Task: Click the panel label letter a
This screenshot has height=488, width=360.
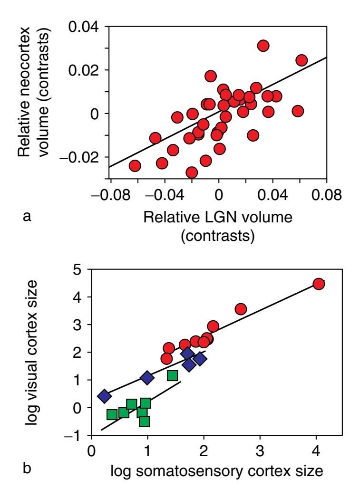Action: (27, 217)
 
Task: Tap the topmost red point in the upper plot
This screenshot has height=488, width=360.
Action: (263, 46)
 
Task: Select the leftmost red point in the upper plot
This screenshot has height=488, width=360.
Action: (135, 166)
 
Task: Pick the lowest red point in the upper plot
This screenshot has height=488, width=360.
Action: (192, 172)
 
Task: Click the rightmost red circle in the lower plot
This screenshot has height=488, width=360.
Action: (319, 284)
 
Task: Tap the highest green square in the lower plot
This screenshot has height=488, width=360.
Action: (173, 376)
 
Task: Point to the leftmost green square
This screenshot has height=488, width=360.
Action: (112, 414)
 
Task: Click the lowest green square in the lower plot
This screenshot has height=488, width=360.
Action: (144, 421)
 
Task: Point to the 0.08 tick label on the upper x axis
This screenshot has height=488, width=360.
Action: (326, 195)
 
